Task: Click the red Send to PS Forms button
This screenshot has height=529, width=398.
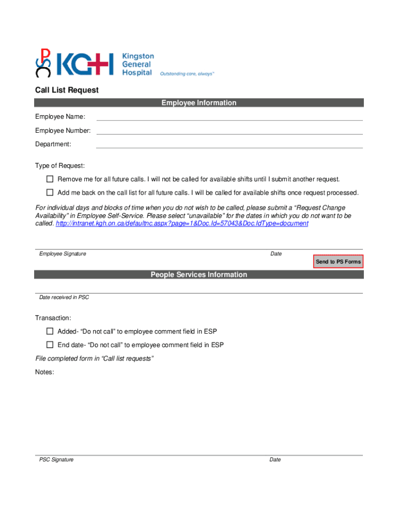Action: pyautogui.click(x=338, y=262)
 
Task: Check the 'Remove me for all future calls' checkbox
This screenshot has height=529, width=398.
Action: pyautogui.click(x=50, y=179)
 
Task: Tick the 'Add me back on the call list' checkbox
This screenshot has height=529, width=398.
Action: pyautogui.click(x=50, y=193)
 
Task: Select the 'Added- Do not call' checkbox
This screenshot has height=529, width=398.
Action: pyautogui.click(x=50, y=331)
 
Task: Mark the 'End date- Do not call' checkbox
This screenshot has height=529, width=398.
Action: pyautogui.click(x=50, y=345)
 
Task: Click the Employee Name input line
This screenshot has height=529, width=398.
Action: pyautogui.click(x=229, y=117)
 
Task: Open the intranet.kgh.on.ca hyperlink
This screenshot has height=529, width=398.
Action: pyautogui.click(x=181, y=224)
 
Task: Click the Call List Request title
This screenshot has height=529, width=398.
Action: pyautogui.click(x=67, y=90)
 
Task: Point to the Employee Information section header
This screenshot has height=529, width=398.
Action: pyautogui.click(x=199, y=103)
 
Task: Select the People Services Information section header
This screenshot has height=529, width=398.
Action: pyautogui.click(x=199, y=275)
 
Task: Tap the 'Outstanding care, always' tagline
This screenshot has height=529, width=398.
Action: pyautogui.click(x=187, y=74)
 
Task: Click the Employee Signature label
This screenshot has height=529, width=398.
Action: pyautogui.click(x=63, y=254)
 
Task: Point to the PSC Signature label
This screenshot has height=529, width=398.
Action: pyautogui.click(x=56, y=460)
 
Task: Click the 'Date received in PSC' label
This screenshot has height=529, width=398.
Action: pyautogui.click(x=64, y=298)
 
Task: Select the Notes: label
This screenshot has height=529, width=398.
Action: pyautogui.click(x=44, y=372)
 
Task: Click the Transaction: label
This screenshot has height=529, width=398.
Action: pyautogui.click(x=53, y=318)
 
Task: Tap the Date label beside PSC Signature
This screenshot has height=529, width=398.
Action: pyautogui.click(x=275, y=460)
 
